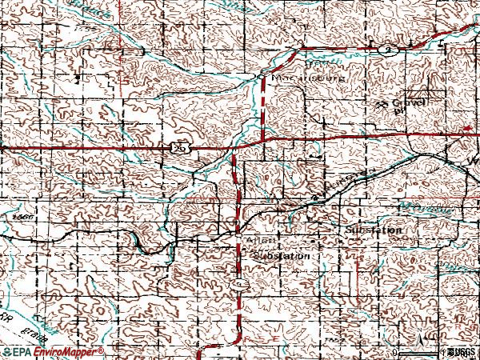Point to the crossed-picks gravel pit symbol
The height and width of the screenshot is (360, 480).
(x=382, y=104)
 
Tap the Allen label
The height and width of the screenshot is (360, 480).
(x=262, y=240)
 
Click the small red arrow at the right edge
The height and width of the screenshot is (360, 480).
(x=468, y=127)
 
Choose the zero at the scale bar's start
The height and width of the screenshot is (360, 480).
(x=395, y=353)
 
